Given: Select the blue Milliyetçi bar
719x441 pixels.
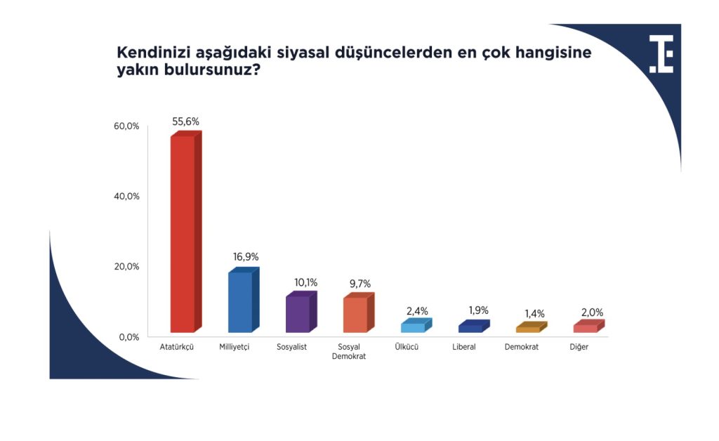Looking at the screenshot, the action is point(244,300).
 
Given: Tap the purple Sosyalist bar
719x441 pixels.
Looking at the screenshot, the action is point(301,312).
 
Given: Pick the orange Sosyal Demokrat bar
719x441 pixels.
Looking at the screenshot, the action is point(359,312).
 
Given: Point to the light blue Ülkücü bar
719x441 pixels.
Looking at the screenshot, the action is point(416,325).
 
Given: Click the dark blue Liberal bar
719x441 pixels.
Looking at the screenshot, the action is point(474,326).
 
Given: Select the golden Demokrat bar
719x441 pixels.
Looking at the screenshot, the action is point(532,327).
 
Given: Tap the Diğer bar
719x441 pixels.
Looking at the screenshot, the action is point(589,326).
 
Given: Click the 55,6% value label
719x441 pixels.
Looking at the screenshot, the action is point(185,121).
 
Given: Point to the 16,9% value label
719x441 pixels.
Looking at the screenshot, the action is point(246,257).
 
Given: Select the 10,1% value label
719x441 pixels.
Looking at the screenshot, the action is point(306,282).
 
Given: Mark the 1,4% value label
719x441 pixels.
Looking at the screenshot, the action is point(534,314).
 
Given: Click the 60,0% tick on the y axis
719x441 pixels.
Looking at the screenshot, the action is point(126,126).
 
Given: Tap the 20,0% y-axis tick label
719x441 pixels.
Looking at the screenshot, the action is point(126,266).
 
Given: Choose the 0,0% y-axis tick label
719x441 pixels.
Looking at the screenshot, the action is point(129,337).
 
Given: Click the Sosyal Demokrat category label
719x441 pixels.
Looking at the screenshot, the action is point(349,352).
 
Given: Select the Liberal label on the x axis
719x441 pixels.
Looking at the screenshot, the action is point(464,347).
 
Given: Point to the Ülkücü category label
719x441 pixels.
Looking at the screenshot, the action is point(407,347).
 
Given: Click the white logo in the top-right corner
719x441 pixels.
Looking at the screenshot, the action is point(661,54).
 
